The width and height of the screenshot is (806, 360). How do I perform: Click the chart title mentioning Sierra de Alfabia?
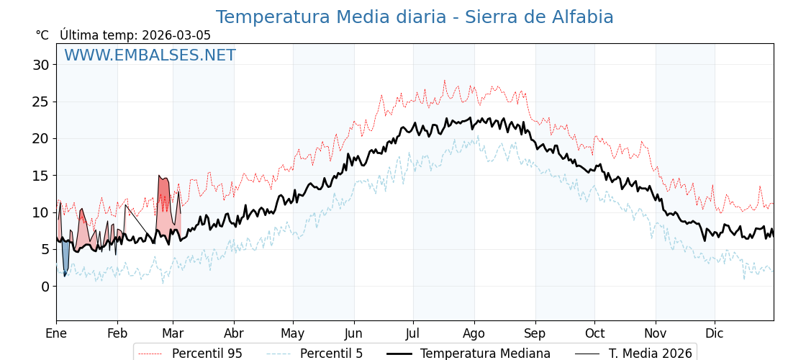click(x=415, y=17)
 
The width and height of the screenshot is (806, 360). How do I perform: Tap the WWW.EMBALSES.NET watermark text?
click(x=150, y=55)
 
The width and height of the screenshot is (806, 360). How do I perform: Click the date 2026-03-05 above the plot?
click(x=176, y=35)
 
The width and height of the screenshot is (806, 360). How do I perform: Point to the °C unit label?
click(x=42, y=35)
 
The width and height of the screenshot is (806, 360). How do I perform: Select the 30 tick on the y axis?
click(x=40, y=65)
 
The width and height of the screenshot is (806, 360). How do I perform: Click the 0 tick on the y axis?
click(x=45, y=287)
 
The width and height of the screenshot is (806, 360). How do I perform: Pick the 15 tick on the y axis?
click(x=40, y=176)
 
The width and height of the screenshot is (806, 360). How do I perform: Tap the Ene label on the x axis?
click(x=56, y=333)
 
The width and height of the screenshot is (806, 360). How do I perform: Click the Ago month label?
click(x=474, y=333)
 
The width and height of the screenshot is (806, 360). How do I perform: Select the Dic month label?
click(x=715, y=333)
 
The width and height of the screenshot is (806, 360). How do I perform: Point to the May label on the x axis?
click(x=293, y=333)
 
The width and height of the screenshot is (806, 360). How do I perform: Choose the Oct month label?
click(x=594, y=333)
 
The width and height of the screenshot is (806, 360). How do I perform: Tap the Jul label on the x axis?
click(x=413, y=333)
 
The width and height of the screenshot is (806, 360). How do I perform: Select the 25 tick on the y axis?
click(x=40, y=102)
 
